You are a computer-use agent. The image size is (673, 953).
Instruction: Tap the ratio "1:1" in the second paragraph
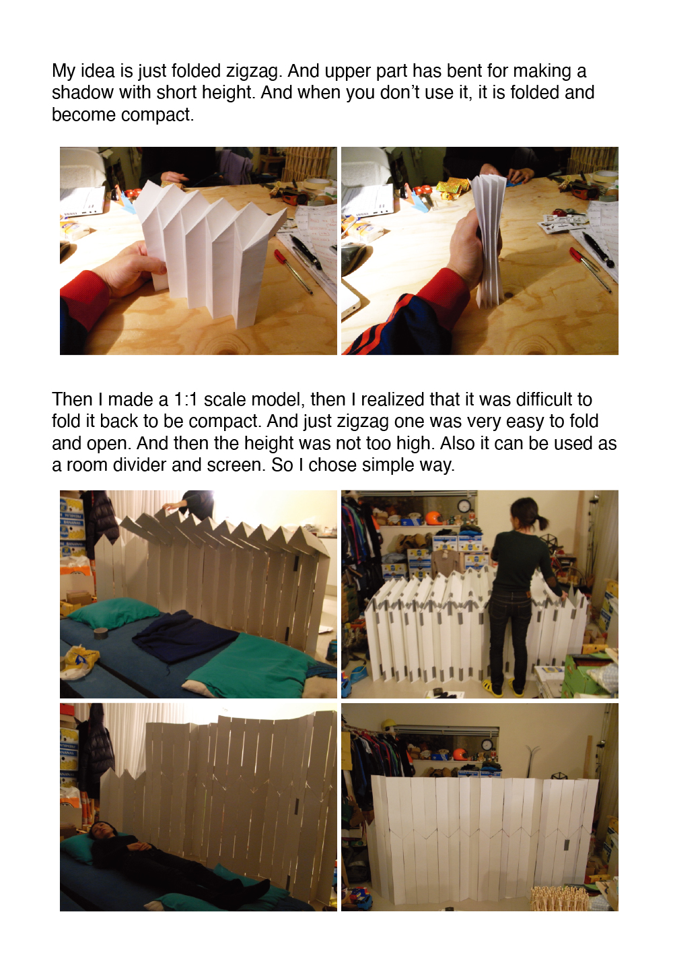point(186,399)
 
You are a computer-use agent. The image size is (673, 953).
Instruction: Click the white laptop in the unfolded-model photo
point(83,200)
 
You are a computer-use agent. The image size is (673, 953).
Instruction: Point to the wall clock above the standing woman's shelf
point(464,506)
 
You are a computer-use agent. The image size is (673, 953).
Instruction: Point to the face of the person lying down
point(98,828)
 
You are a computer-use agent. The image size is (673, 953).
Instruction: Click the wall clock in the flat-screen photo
point(487,745)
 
